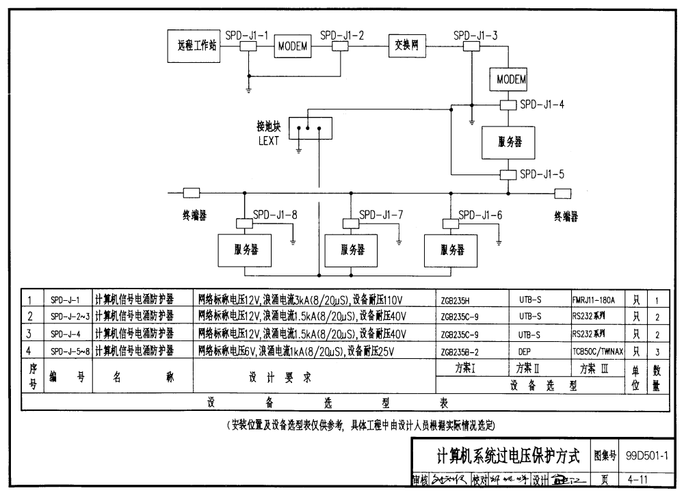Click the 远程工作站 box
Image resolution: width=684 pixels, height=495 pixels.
tap(196, 46)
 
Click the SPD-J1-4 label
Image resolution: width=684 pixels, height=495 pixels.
tap(542, 105)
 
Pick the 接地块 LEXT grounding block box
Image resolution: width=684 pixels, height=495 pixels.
tap(310, 127)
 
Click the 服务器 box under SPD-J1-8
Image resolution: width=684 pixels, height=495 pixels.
tap(243, 250)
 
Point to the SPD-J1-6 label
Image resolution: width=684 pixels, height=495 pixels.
tap(480, 215)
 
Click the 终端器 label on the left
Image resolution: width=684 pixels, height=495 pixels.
tap(194, 215)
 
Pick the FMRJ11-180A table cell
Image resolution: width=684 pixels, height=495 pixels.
tap(594, 299)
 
